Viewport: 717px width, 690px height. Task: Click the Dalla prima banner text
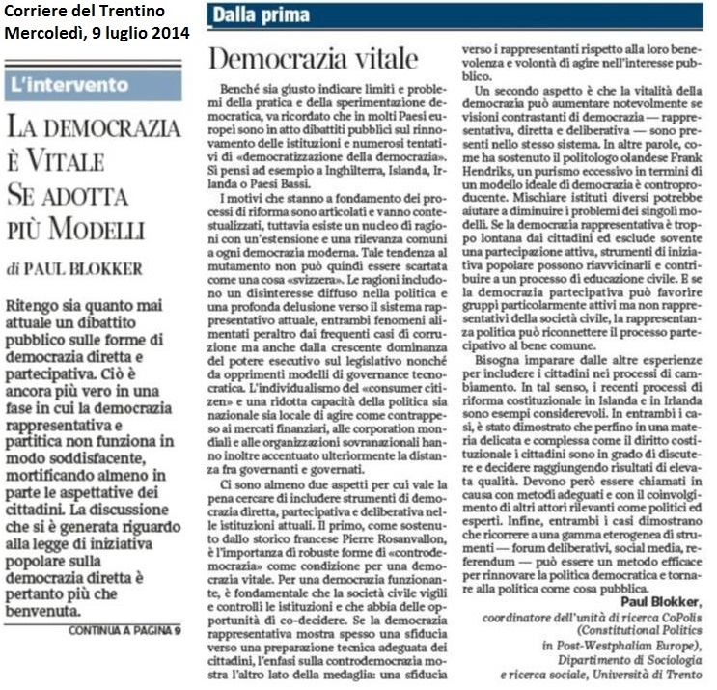262,15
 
